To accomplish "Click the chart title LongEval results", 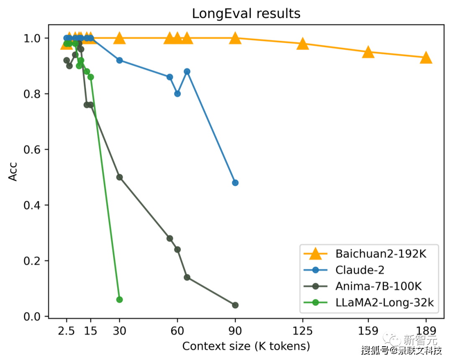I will coord(246,13).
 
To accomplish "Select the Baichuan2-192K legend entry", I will coord(380,254).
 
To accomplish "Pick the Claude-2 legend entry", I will coord(360,270).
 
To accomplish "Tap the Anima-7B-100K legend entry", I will coord(378,286).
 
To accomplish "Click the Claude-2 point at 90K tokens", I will coord(235,183).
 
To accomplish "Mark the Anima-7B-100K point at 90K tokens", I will coord(235,305).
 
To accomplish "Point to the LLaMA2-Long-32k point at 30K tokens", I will coord(119,299).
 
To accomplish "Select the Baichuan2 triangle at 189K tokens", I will coord(426,58).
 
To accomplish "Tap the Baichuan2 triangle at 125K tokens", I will coord(303,43).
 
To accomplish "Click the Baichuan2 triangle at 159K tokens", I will coord(368,52).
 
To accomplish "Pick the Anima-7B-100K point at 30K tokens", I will coord(119,177).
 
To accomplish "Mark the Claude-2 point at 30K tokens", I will coord(119,60).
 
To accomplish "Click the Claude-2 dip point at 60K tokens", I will coord(177,94).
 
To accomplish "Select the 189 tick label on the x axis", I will coord(426,331).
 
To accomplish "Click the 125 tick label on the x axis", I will coord(303,331).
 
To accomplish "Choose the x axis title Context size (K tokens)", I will coord(246,346).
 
